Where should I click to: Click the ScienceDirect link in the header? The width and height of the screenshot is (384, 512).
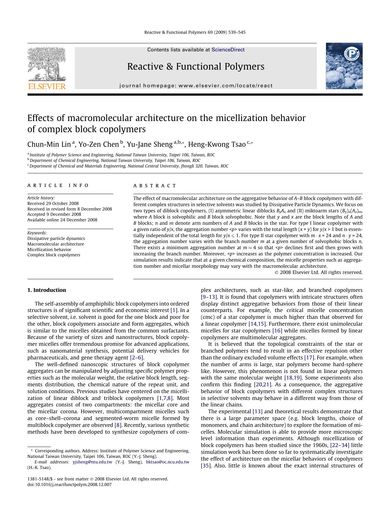pyautogui.click(x=228, y=50)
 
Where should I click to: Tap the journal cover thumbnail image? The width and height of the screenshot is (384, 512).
pyautogui.click(x=344, y=66)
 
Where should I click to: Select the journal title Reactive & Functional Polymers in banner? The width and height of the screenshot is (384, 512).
pyautogui.click(x=196, y=67)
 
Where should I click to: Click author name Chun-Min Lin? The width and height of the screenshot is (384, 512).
pyautogui.click(x=49, y=144)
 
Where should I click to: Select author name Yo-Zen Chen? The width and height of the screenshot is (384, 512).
pyautogui.click(x=98, y=144)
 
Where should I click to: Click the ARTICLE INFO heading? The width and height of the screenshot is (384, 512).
pyautogui.click(x=58, y=185)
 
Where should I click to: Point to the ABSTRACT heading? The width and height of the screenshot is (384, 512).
pyautogui.click(x=154, y=186)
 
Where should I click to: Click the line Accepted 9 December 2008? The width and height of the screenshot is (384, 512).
pyautogui.click(x=54, y=214)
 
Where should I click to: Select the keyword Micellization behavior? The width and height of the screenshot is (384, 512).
pyautogui.click(x=49, y=249)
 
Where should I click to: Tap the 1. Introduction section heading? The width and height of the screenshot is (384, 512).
pyautogui.click(x=47, y=290)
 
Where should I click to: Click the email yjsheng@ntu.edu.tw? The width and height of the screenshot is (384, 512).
pyautogui.click(x=92, y=462)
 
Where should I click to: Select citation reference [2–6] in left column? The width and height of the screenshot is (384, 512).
pyautogui.click(x=136, y=358)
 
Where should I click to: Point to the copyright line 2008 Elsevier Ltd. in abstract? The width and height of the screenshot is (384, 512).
pyautogui.click(x=318, y=272)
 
